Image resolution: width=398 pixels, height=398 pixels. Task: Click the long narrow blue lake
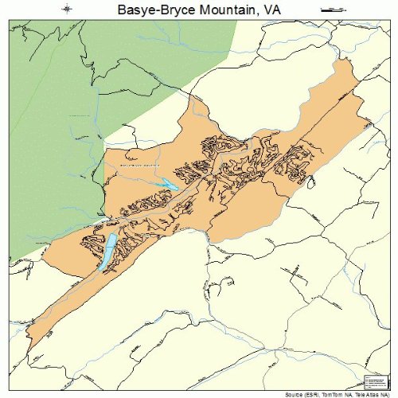tap(107, 252)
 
